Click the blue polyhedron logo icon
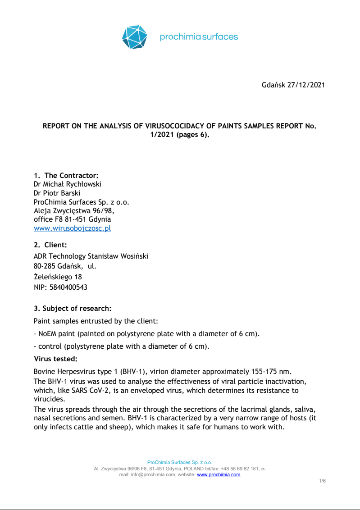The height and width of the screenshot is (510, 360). pyautogui.click(x=135, y=37)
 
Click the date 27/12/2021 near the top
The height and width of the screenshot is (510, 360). pyautogui.click(x=306, y=85)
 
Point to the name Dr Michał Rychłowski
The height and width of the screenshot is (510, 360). pyautogui.click(x=68, y=184)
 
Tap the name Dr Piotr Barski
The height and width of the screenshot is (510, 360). pyautogui.click(x=57, y=193)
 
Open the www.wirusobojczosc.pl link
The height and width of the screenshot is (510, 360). pyautogui.click(x=73, y=228)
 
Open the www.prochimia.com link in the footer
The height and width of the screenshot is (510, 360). pyautogui.click(x=219, y=474)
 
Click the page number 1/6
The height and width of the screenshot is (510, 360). pyautogui.click(x=322, y=481)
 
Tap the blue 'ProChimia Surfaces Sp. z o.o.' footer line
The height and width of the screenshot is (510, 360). pyautogui.click(x=180, y=463)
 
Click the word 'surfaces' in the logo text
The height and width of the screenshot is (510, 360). pyautogui.click(x=219, y=37)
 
